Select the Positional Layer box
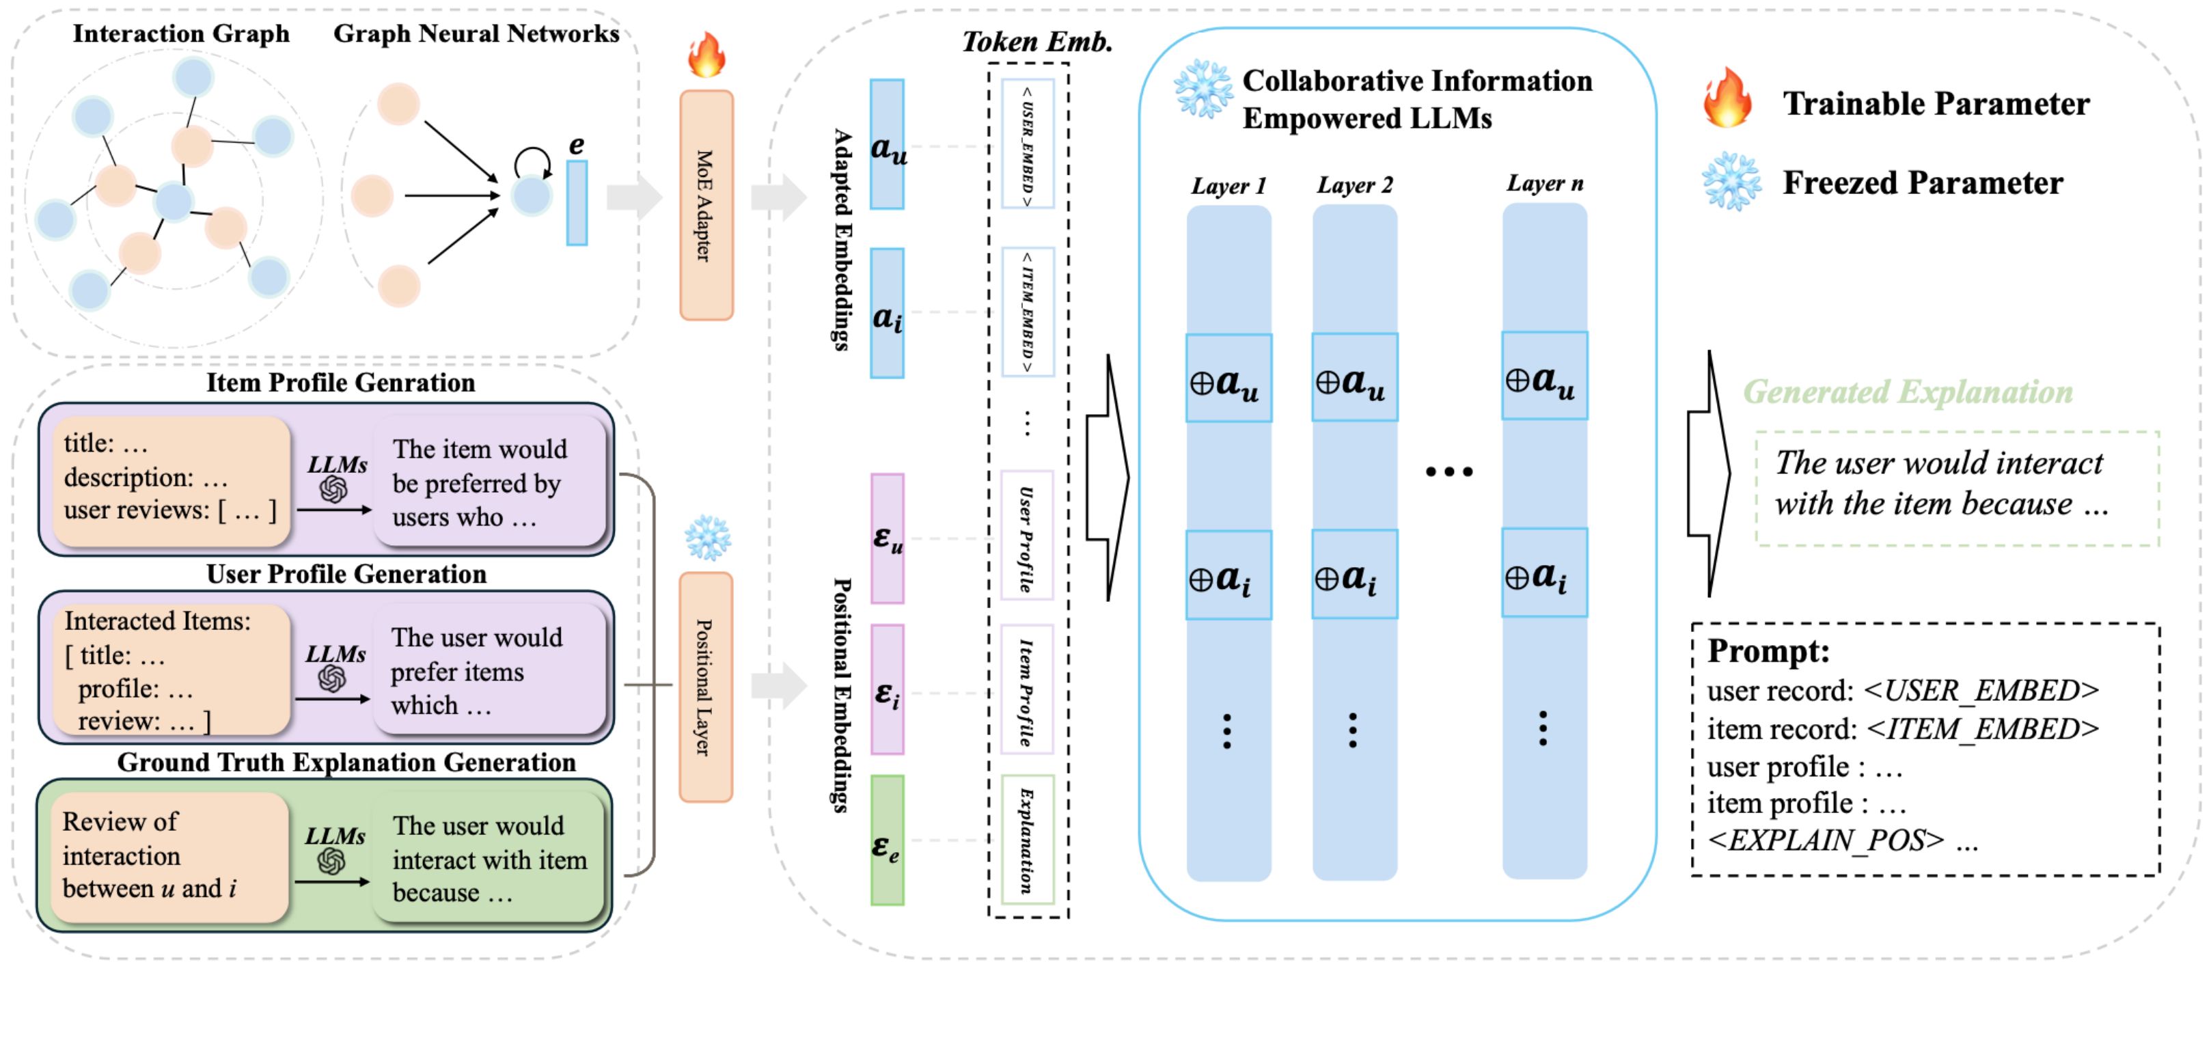706,687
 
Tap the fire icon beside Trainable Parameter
1727,99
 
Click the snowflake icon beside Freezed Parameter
1731,181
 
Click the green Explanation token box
1026,840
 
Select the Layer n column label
1545,183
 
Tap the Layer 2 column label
1354,185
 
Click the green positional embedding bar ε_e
888,840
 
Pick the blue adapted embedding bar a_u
887,144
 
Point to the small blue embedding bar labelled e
577,203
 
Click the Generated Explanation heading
1907,392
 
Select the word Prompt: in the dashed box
1768,650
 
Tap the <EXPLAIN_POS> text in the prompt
1826,840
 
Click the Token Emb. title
1037,41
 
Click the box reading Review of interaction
169,856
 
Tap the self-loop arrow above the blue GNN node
532,161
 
